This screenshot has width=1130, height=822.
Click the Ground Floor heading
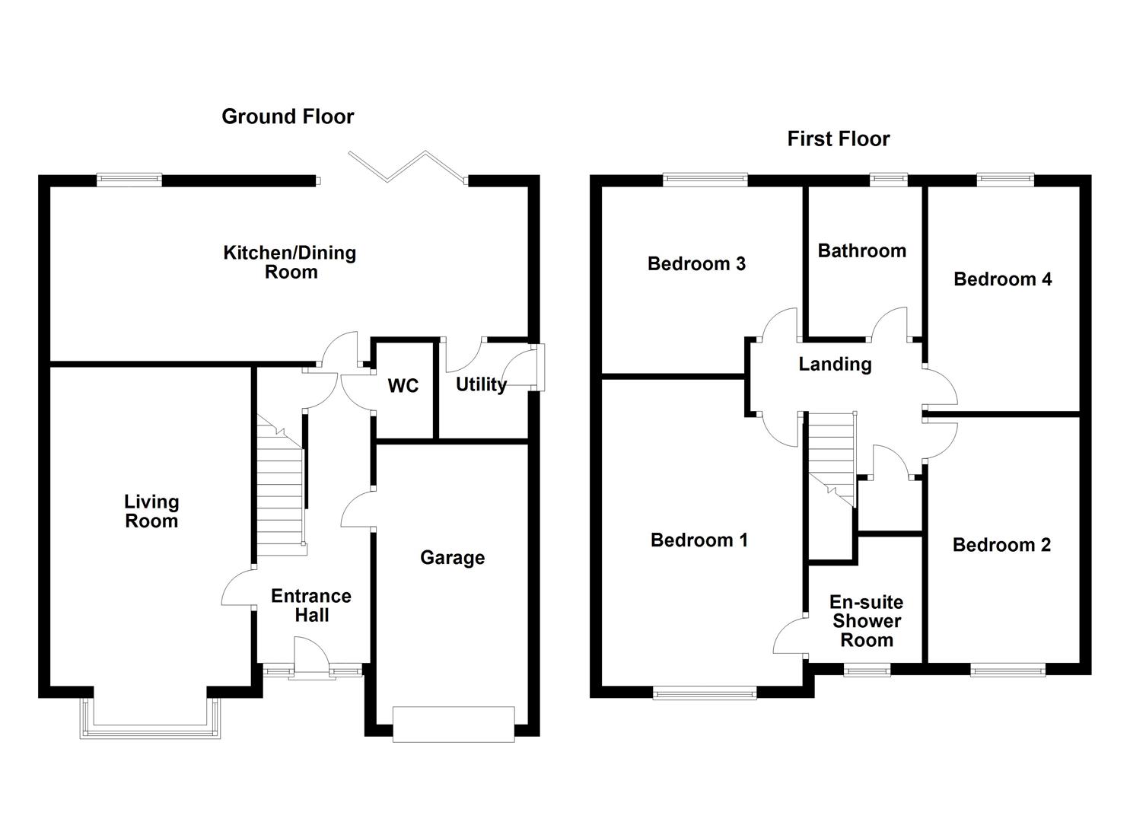288,116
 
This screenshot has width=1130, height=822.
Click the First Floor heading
838,139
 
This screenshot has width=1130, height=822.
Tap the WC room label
403,386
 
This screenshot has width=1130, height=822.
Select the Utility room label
481,384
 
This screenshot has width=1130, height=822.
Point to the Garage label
452,558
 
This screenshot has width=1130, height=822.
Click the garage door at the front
454,724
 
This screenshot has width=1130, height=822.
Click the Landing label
835,364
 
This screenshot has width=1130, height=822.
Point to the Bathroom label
861,251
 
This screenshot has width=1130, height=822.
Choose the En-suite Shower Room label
866,621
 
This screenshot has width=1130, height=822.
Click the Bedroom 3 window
705,180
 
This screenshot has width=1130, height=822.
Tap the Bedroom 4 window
1005,180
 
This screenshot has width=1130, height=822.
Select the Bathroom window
889,180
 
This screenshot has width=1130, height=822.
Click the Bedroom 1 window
705,692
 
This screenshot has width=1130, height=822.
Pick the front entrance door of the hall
312,658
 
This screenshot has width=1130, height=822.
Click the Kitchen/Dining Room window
129,180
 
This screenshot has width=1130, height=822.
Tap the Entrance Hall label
311,605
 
